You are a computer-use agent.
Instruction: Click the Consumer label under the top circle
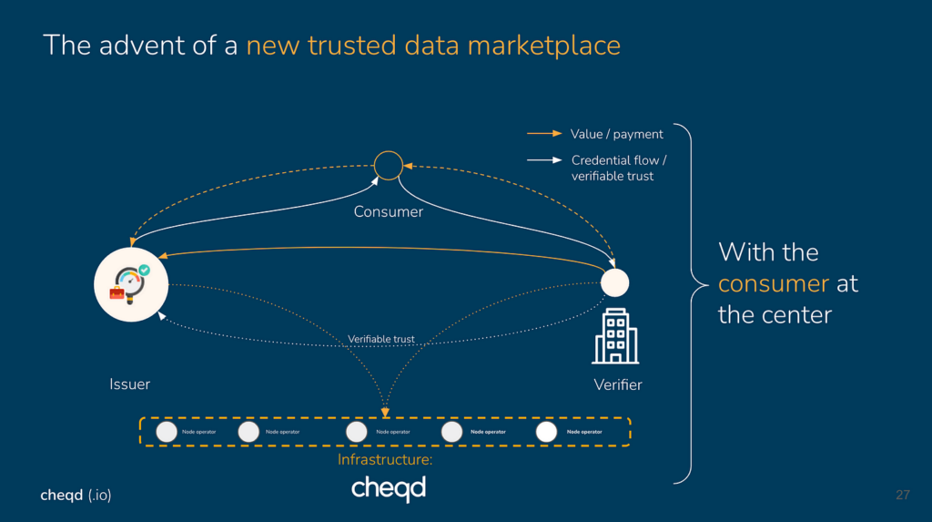pos(389,212)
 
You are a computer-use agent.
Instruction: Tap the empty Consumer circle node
pos(389,166)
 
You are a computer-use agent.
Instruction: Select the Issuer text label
pos(129,384)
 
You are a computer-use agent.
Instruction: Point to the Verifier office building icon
pos(615,336)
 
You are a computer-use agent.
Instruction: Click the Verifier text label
pos(618,384)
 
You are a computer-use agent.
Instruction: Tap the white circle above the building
pos(615,282)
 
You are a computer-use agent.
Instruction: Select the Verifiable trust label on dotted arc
pos(381,339)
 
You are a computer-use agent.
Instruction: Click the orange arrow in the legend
pos(544,134)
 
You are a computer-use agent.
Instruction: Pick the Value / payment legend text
pos(616,134)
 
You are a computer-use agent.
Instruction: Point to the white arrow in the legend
pos(544,160)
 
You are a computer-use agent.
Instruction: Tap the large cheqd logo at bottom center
pos(389,488)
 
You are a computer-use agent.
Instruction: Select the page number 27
pos(903,495)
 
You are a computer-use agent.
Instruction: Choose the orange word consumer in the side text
pos(774,283)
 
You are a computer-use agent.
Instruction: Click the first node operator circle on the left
pos(167,431)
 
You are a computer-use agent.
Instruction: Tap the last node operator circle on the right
pos(546,431)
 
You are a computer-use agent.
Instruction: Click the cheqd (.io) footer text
pos(76,495)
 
